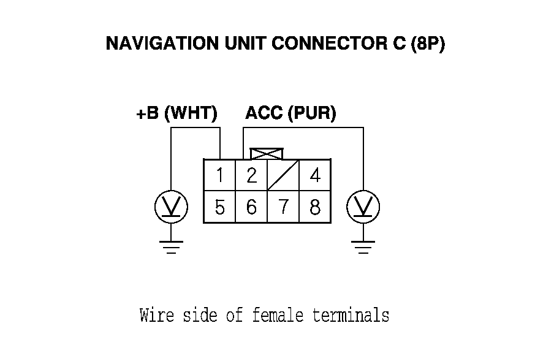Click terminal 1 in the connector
(219, 176)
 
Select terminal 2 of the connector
(251, 176)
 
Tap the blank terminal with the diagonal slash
(283, 176)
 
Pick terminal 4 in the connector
(315, 176)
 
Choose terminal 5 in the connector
(219, 208)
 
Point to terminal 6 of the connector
(251, 208)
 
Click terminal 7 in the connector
(283, 208)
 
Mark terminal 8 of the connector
(315, 208)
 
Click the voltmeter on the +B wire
(171, 207)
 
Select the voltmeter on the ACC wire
(363, 207)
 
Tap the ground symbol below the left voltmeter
(171, 246)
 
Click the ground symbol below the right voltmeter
(363, 246)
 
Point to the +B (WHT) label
(176, 114)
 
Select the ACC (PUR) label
(290, 114)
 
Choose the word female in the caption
(278, 316)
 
